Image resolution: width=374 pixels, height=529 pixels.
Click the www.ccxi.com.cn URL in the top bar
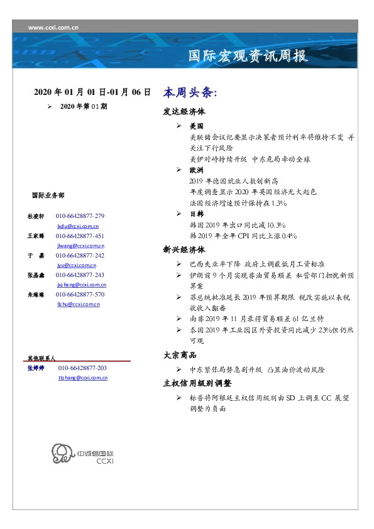coord(53,27)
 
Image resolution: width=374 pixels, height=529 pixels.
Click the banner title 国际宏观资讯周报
coord(248,56)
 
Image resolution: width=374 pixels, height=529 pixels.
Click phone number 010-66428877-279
coord(80,216)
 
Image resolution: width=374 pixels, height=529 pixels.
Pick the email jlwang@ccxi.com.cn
coord(80,246)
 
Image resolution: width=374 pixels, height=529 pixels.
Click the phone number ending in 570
coord(80,295)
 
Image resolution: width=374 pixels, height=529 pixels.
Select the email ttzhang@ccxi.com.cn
coord(82,378)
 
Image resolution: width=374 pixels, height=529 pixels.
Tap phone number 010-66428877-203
coord(82,368)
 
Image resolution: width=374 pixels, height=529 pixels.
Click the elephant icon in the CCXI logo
coord(61,454)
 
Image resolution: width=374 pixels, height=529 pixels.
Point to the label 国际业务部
coord(48,195)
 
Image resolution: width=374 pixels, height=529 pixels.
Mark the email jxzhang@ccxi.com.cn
coord(80,285)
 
